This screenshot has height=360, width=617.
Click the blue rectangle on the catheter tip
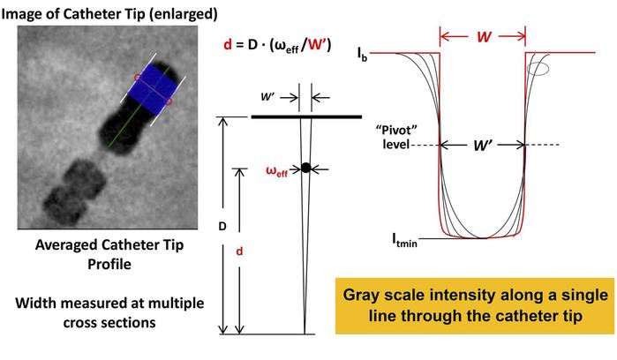(153, 89)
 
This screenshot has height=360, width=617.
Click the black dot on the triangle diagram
(305, 168)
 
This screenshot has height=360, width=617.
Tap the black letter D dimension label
(222, 227)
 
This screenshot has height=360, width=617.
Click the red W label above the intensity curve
(483, 38)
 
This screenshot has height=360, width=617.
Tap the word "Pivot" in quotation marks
(395, 128)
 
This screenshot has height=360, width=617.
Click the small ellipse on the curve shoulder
(539, 67)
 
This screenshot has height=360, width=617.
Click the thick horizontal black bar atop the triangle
(305, 116)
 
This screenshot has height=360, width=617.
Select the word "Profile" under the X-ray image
(109, 264)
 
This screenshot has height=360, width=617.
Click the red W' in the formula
(318, 46)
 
